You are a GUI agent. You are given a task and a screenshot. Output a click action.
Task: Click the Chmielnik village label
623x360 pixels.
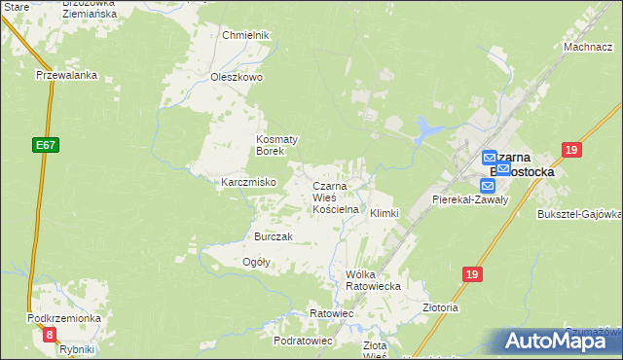244,35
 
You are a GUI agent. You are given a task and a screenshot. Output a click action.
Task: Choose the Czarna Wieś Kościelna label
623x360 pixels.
336,198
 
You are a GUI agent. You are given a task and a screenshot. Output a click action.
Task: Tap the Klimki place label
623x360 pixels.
384,213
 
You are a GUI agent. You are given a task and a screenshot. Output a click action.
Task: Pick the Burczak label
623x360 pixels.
273,236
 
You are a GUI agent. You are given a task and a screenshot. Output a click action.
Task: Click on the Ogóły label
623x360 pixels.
255,262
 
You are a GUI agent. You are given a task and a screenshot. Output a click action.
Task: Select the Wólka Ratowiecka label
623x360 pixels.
374,280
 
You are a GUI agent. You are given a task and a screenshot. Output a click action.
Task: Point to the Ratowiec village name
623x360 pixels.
330,313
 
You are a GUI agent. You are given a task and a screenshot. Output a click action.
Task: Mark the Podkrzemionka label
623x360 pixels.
64,319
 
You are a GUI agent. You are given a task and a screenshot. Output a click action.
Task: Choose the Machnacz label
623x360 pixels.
586,47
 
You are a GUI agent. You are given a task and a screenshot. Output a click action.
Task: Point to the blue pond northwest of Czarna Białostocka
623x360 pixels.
425,127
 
